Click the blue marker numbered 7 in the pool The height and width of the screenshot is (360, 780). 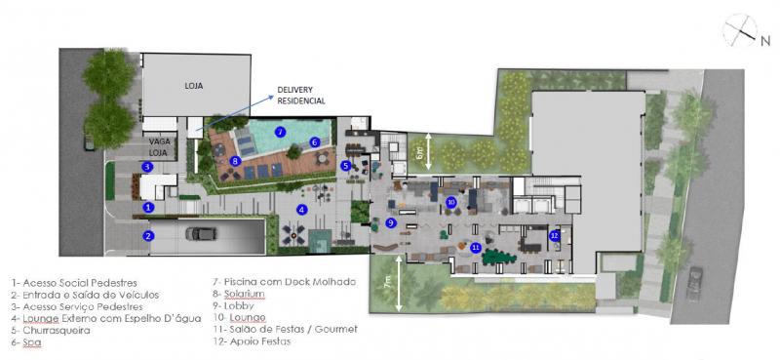[280, 132]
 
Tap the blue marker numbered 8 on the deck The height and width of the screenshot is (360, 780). [236, 161]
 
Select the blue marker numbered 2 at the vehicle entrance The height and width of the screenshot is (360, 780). [147, 236]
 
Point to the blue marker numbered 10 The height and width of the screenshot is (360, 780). [451, 202]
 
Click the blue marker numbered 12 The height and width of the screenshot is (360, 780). [554, 235]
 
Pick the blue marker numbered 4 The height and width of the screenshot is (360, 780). [301, 210]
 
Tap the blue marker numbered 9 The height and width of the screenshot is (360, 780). [391, 222]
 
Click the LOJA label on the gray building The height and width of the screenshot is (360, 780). [193, 86]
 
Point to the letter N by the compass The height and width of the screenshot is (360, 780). [764, 42]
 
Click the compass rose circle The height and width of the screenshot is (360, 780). [740, 30]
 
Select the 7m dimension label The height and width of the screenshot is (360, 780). [388, 283]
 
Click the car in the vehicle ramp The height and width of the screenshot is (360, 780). [201, 233]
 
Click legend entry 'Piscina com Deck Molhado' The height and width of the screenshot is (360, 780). [285, 282]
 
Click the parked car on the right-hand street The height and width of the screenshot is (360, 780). [694, 283]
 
